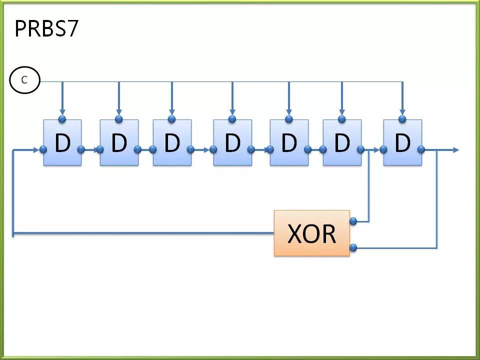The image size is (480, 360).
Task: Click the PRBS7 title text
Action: (x=46, y=29)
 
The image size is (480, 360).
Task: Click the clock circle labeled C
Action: (x=25, y=80)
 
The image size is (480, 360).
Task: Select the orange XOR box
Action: (x=312, y=233)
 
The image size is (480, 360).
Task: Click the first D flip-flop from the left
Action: (x=62, y=142)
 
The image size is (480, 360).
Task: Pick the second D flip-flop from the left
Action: (x=119, y=142)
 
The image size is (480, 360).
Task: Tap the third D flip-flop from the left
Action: (x=172, y=142)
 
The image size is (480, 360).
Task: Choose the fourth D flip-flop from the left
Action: (x=232, y=142)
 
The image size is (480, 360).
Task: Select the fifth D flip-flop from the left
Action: (x=289, y=142)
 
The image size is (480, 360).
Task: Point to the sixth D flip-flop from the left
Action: (x=342, y=142)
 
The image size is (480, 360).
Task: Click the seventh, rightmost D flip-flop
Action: (x=402, y=142)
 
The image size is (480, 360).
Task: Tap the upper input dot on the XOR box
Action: (x=353, y=221)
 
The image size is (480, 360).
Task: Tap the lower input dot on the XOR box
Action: (x=353, y=247)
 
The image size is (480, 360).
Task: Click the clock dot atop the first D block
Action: (x=62, y=119)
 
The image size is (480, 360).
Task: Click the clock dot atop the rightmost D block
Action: (x=402, y=119)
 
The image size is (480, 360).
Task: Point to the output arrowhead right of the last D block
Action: (x=456, y=149)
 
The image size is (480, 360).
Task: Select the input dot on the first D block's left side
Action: (x=43, y=149)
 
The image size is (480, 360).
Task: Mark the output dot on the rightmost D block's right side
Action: (x=421, y=149)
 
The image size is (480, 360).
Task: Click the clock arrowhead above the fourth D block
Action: (x=232, y=112)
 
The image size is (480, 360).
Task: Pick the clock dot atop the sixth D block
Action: (x=342, y=119)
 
